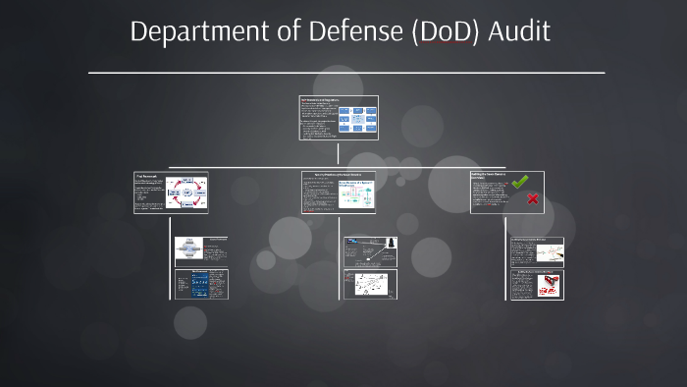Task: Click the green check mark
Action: coord(520,182)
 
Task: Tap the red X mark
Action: coord(533,199)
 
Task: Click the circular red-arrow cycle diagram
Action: coord(186,192)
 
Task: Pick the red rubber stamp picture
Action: coord(550,284)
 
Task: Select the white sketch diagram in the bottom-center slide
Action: coord(369,284)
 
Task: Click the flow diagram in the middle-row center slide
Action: coord(358,193)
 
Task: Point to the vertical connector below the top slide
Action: coord(338,153)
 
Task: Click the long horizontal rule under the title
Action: coord(346,72)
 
